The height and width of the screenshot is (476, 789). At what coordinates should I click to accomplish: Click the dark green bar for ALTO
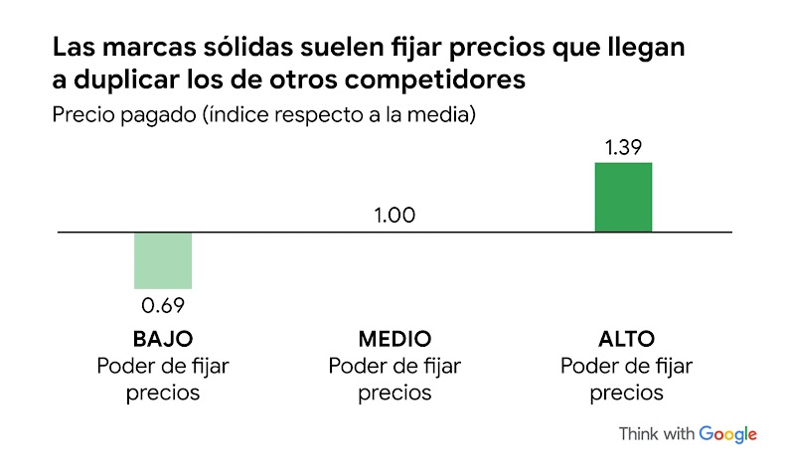tap(623, 197)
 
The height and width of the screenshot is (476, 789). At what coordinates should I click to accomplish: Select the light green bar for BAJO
tap(163, 260)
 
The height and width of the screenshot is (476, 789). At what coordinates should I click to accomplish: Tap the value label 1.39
tap(623, 147)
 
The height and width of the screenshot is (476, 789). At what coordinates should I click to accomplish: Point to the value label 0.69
tap(163, 304)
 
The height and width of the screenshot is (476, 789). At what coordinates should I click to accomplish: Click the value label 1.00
tap(394, 216)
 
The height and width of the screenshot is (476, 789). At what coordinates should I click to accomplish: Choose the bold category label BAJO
tap(163, 339)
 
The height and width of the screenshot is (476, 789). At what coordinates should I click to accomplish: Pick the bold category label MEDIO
tap(394, 339)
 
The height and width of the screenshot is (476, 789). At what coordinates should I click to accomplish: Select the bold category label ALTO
tap(627, 339)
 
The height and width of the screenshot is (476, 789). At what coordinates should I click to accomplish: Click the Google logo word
tap(727, 434)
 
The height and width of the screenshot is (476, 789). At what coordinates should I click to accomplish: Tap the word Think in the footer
tap(638, 434)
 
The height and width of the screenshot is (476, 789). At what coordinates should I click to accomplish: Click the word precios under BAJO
tap(163, 393)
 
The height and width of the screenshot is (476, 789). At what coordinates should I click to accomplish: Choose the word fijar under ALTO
tap(670, 366)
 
